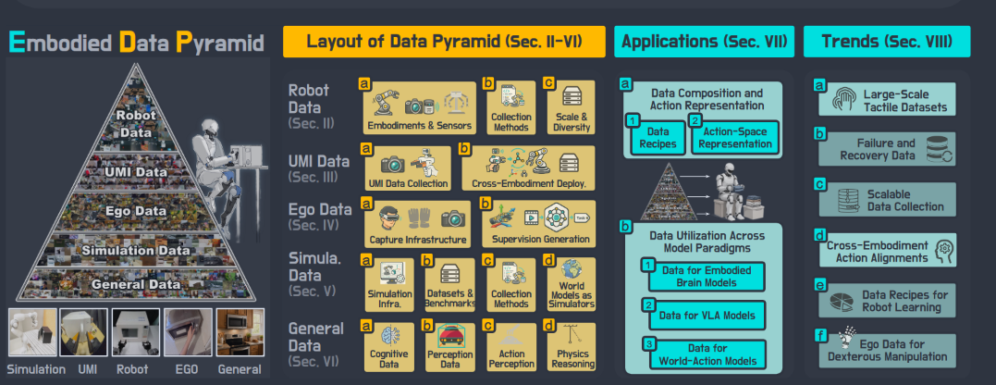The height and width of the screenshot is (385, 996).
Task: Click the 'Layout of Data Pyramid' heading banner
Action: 443,42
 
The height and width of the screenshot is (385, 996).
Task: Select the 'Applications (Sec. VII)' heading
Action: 704,42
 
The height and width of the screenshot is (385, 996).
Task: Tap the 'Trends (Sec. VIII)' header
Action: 887,42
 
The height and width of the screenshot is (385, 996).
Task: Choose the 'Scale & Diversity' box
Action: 571,107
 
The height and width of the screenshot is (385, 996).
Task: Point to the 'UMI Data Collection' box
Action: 408,168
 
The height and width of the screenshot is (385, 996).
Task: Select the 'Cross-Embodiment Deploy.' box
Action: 528,168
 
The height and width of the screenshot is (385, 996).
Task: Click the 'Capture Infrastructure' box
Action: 417,224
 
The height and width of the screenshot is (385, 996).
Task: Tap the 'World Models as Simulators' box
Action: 572,284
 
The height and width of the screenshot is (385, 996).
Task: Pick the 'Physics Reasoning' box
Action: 572,347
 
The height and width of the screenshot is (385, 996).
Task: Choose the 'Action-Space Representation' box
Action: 733,137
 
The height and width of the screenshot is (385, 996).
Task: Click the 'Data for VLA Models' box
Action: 702,315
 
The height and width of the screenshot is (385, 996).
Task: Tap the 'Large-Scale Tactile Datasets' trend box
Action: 886,99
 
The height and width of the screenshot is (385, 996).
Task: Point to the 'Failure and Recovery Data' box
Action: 886,149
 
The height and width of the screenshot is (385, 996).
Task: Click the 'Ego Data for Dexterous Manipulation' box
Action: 886,350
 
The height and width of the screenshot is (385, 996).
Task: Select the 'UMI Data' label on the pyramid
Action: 137,172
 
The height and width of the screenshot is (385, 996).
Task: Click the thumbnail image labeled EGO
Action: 188,333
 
